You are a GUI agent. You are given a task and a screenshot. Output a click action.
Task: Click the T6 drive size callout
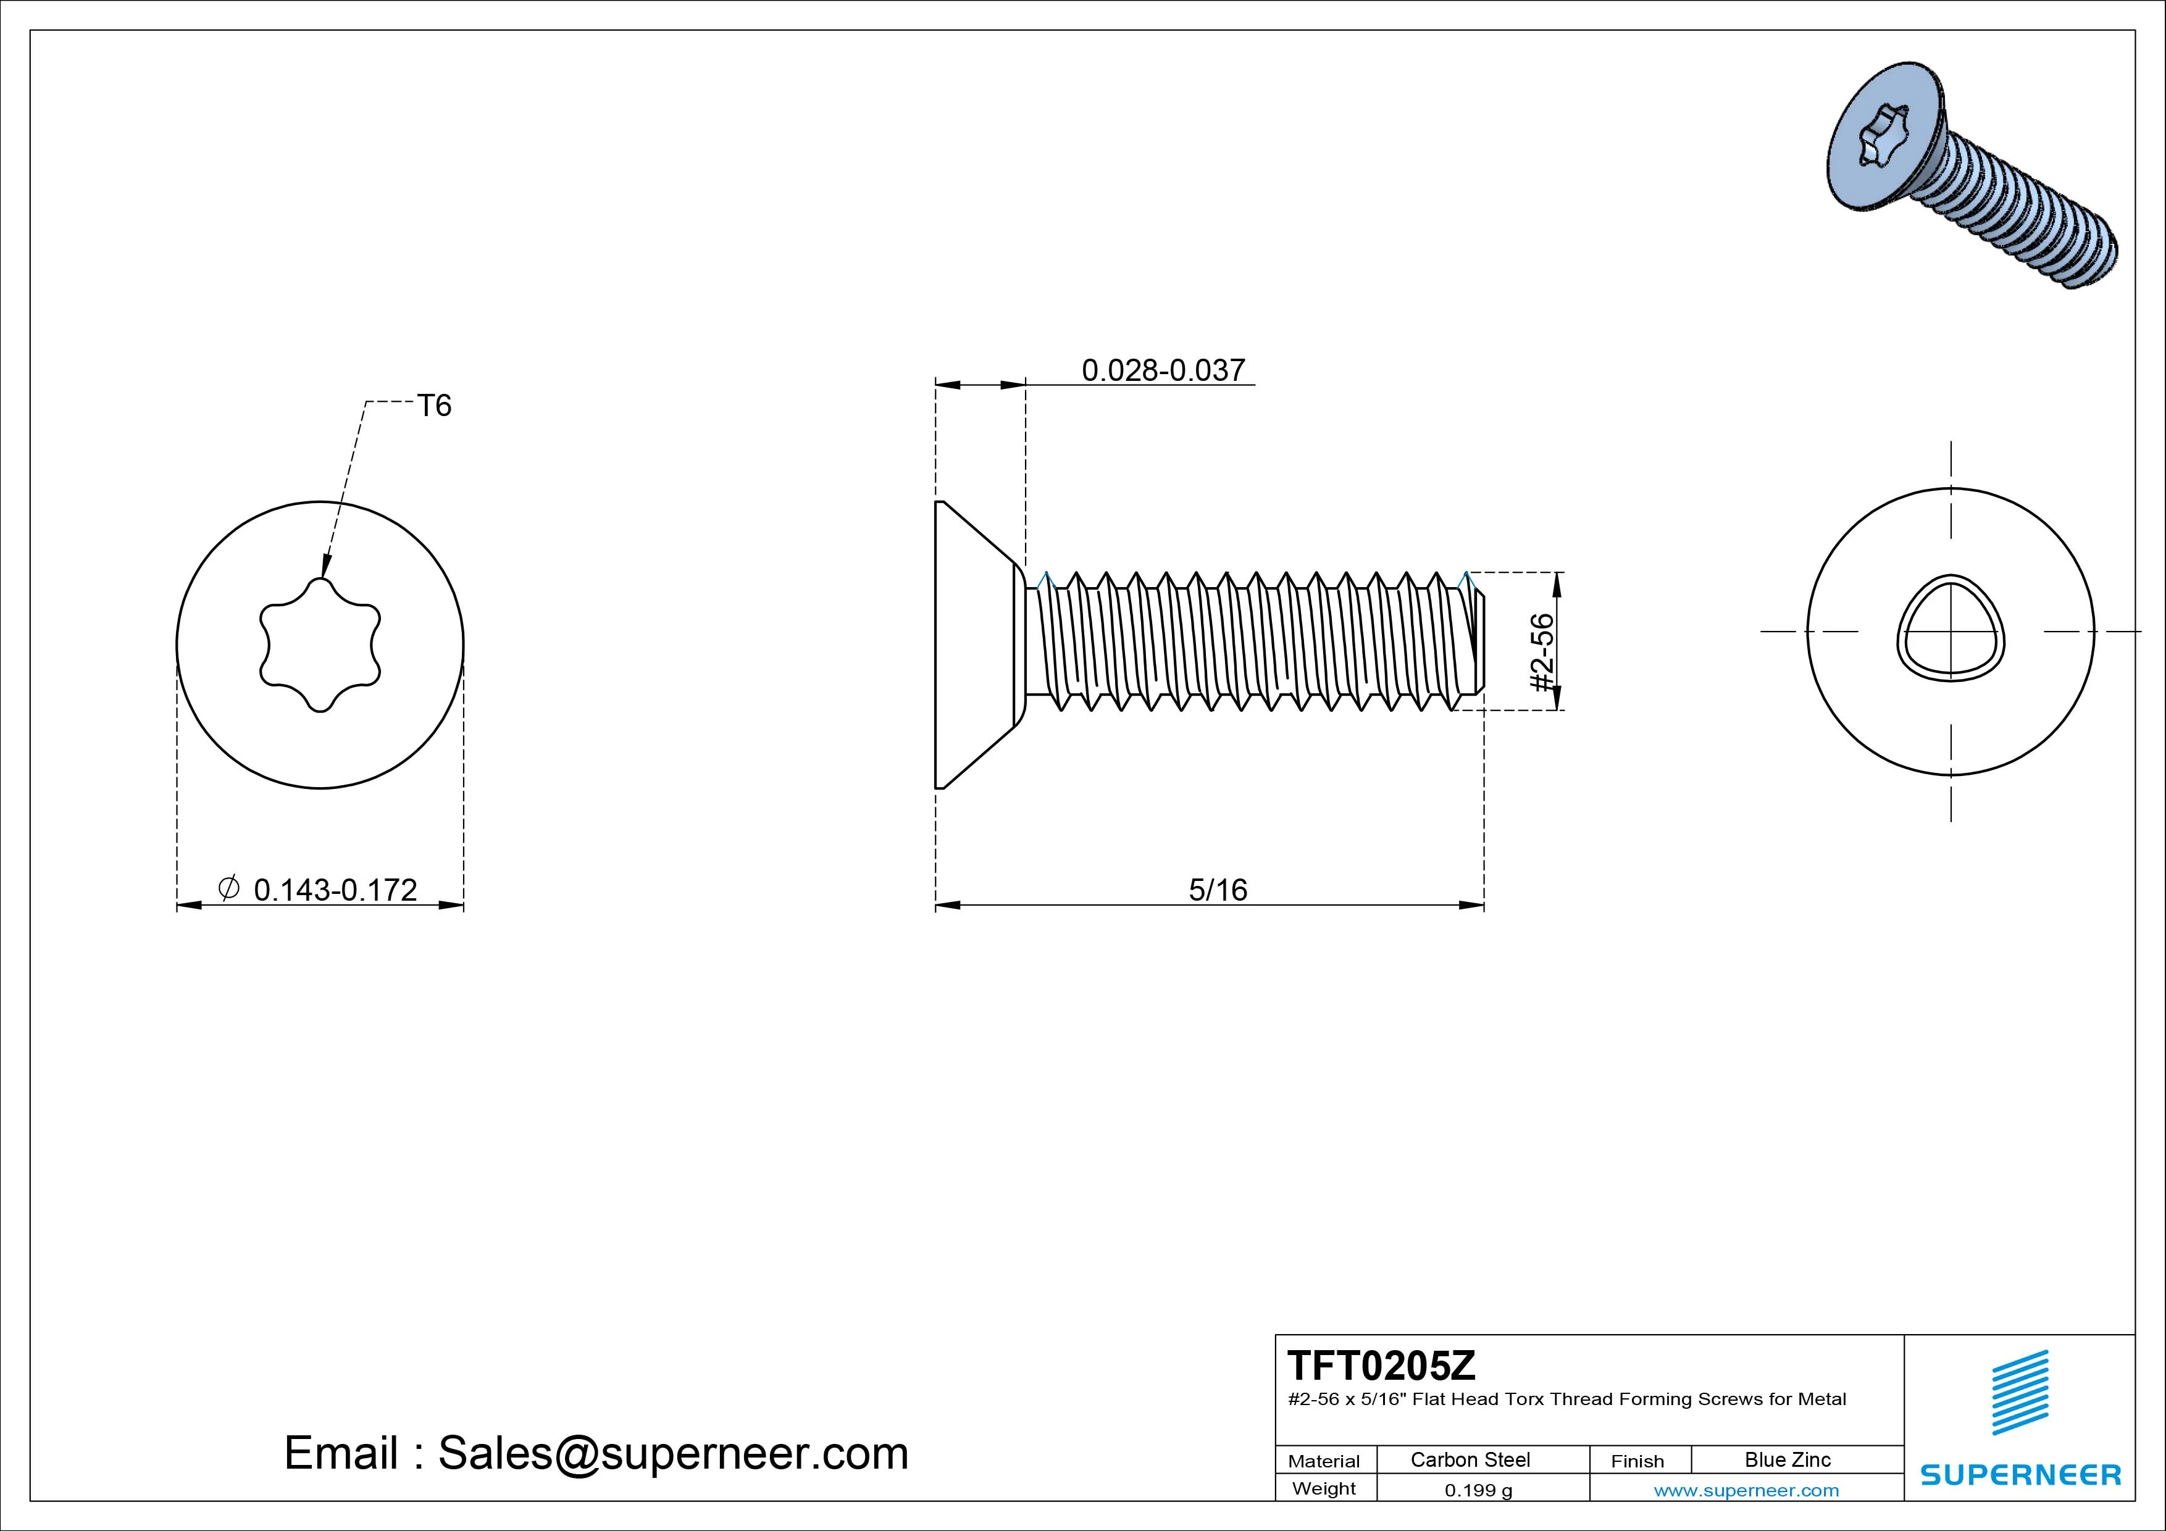(434, 406)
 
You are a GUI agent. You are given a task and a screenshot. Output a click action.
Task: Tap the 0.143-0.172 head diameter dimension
(335, 890)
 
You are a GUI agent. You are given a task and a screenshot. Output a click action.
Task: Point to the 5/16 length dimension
(1217, 890)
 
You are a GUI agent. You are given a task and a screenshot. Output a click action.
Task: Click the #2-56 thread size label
(1542, 653)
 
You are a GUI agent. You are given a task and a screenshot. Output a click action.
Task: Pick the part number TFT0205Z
(1381, 1365)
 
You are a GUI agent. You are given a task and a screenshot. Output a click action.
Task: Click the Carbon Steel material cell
(1470, 1459)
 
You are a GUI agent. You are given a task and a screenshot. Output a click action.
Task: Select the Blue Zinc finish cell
(1787, 1459)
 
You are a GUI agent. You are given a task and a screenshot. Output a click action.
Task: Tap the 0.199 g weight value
(1478, 1490)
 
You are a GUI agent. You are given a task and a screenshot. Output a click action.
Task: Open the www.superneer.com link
(1746, 1490)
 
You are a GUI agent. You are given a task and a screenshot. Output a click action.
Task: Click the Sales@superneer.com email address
(672, 1453)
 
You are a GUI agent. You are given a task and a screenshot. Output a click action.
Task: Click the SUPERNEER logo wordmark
(2021, 1474)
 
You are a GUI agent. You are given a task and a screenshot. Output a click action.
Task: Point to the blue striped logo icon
(2020, 1392)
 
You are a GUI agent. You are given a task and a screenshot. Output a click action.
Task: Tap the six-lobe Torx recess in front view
(320, 645)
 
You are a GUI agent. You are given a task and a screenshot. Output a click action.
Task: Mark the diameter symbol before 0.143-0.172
(228, 888)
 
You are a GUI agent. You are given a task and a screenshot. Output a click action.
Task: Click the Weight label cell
(1324, 1488)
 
